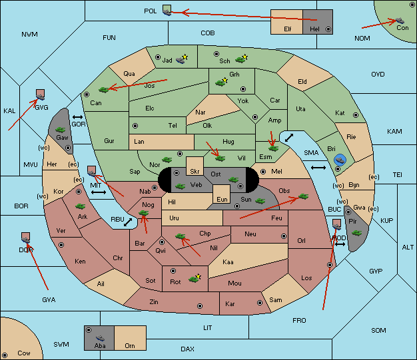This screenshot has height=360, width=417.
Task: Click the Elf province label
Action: coord(288,29)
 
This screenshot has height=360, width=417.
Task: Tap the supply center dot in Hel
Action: coord(328,29)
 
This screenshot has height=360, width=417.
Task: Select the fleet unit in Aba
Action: coord(101,337)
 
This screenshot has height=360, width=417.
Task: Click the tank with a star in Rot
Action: coord(195,278)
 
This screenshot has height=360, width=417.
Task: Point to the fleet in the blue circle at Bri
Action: coord(340,160)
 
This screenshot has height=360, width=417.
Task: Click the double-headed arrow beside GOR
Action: coord(77,117)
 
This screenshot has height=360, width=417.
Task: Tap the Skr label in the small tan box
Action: coord(195,172)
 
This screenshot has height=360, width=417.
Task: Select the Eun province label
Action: coord(222,199)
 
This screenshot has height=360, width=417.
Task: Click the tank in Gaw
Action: coord(61,130)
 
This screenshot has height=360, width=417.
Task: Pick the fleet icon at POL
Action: coord(167,12)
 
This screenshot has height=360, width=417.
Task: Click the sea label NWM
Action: coord(29,35)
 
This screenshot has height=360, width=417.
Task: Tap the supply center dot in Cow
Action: coord(5,355)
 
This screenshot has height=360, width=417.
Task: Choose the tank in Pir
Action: coord(356,233)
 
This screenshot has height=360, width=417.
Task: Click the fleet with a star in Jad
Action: coord(182,59)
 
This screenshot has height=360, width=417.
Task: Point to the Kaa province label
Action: coord(228,262)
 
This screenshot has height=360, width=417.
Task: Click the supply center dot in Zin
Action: coord(200,306)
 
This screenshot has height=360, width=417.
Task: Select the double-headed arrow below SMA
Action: coord(318,168)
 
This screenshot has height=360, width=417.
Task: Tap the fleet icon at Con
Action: coord(400,21)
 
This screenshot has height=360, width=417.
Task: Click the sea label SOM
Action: coord(378,330)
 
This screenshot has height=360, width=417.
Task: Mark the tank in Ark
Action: coord(80,206)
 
